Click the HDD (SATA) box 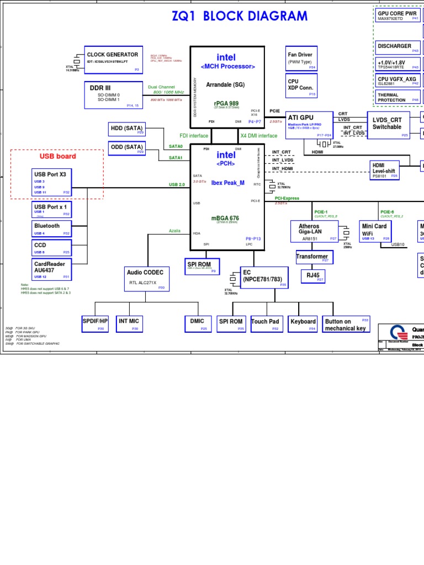point(126,129)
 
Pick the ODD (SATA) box point(126,147)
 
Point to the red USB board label point(58,156)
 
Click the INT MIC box point(129,324)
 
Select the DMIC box point(198,324)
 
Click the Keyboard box point(303,324)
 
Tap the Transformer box point(312,257)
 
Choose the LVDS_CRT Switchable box point(388,125)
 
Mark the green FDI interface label point(194,136)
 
